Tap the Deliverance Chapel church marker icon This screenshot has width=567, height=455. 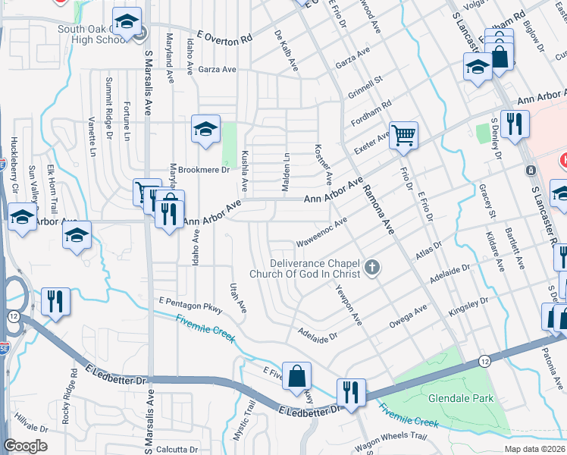(371, 267)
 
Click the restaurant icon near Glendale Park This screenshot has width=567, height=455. (350, 392)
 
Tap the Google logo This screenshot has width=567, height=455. (25, 446)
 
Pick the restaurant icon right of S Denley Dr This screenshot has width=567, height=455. (515, 125)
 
